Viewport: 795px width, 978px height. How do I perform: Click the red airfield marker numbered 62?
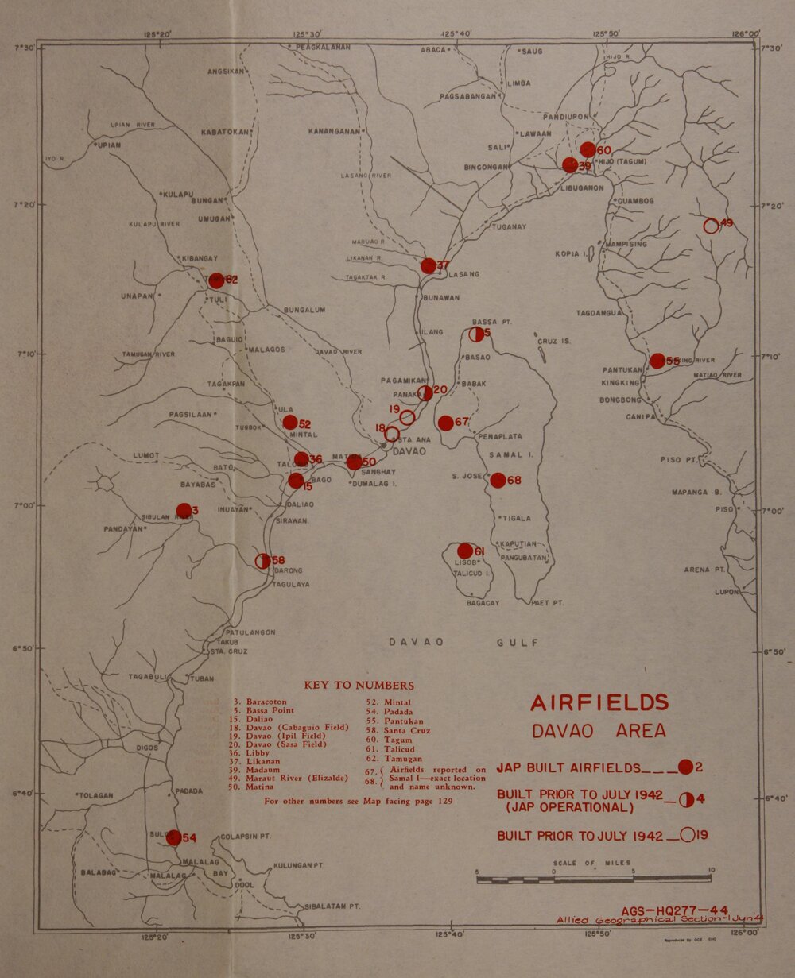pyautogui.click(x=215, y=280)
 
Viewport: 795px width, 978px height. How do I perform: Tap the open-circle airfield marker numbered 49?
pyautogui.click(x=711, y=226)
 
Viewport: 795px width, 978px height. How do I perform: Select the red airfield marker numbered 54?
pyautogui.click(x=173, y=837)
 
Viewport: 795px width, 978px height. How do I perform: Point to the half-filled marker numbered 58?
pyautogui.click(x=262, y=561)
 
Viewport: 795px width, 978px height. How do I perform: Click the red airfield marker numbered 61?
pyautogui.click(x=465, y=551)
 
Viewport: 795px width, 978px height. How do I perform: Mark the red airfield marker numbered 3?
pyautogui.click(x=184, y=510)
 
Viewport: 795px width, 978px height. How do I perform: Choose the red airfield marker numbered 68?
pyautogui.click(x=498, y=480)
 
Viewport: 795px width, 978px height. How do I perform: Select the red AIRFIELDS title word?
pyautogui.click(x=599, y=703)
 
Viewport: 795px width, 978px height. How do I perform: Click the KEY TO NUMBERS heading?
pyautogui.click(x=359, y=685)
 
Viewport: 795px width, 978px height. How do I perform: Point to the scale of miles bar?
pyautogui.click(x=593, y=879)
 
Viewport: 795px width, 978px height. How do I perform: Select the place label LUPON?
pyautogui.click(x=727, y=593)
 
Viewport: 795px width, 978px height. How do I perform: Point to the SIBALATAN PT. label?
pyautogui.click(x=332, y=906)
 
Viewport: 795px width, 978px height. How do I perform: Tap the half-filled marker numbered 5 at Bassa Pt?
pyautogui.click(x=477, y=334)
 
